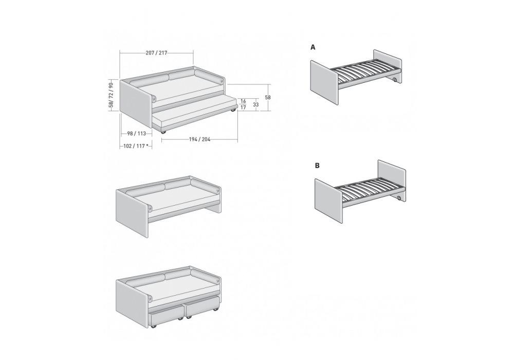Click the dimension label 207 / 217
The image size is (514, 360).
click(x=156, y=53)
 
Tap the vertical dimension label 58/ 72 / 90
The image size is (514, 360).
click(x=111, y=95)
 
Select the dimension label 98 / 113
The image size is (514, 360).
click(x=136, y=133)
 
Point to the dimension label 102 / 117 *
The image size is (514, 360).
click(x=136, y=146)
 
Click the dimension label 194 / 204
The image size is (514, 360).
click(x=199, y=139)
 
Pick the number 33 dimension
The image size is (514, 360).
click(x=256, y=104)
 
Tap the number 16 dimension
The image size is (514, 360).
click(x=243, y=101)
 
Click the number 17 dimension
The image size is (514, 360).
click(x=243, y=107)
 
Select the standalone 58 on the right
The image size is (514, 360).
click(x=268, y=97)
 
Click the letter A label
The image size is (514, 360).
click(x=313, y=47)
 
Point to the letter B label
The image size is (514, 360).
click(x=317, y=166)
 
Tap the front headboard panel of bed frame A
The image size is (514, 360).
click(x=324, y=83)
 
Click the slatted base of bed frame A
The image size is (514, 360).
click(x=366, y=75)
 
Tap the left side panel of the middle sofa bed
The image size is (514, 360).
click(x=133, y=211)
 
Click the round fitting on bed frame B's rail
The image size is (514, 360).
click(x=399, y=198)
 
